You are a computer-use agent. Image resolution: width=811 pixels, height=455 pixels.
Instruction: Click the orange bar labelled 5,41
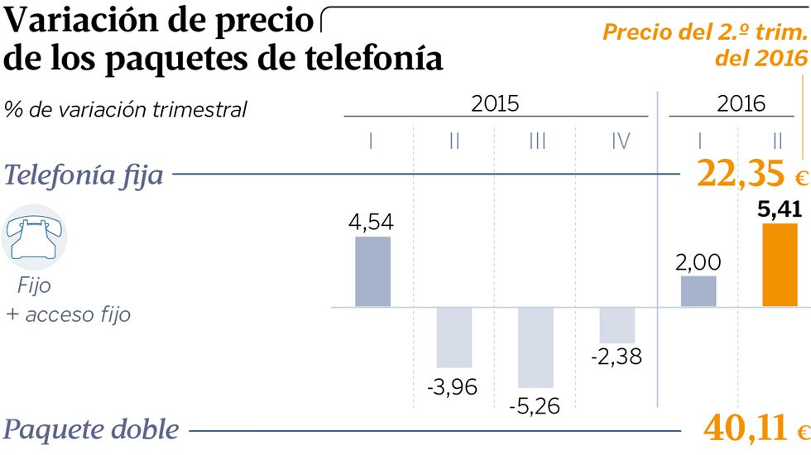tap(780, 265)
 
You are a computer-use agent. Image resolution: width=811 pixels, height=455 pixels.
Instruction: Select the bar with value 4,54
tap(372, 271)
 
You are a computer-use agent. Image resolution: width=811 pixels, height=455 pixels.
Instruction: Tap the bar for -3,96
tap(454, 337)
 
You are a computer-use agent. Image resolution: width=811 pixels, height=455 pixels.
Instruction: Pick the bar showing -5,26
tap(535, 347)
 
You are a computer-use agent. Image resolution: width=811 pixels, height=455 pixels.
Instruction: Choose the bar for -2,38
tap(617, 324)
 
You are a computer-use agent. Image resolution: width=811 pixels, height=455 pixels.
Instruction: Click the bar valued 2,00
tap(698, 291)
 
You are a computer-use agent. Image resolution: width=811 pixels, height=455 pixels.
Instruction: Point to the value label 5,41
tap(780, 209)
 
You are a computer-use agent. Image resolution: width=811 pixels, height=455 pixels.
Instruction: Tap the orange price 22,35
tap(741, 175)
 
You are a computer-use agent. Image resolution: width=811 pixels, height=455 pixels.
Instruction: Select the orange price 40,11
tap(744, 429)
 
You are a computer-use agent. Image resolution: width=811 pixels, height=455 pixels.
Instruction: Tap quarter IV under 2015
tap(620, 141)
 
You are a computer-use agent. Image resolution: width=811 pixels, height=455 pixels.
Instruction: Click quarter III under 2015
tap(537, 141)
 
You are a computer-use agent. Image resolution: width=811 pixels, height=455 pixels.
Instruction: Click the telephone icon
tap(35, 238)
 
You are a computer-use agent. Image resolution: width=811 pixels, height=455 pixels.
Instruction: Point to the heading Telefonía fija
tap(84, 175)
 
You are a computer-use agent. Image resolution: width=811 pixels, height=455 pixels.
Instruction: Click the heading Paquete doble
tap(91, 429)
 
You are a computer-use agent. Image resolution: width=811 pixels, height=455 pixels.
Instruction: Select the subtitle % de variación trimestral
tap(126, 109)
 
